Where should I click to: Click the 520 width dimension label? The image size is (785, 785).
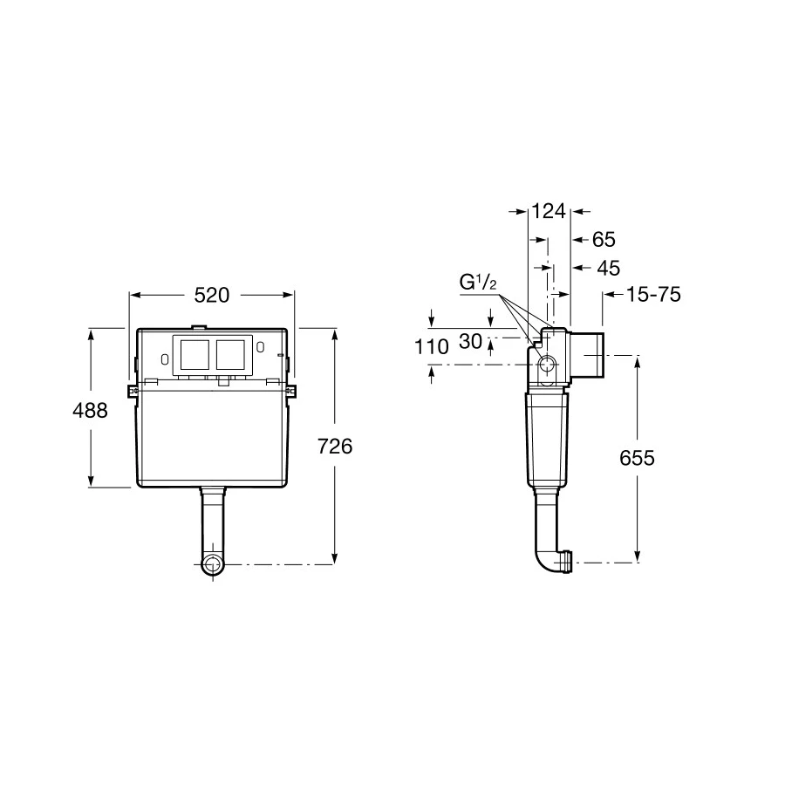212,296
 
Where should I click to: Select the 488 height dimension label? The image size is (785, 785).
90,411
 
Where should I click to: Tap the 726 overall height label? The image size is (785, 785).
335,446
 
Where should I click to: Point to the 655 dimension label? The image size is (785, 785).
637,458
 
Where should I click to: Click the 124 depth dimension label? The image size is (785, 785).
549,211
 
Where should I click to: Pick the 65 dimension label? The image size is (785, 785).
604,240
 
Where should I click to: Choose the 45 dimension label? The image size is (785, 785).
609,269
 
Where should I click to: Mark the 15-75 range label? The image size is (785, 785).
653,295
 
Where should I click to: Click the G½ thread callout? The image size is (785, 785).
478,283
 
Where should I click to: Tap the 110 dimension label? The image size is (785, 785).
432,346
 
